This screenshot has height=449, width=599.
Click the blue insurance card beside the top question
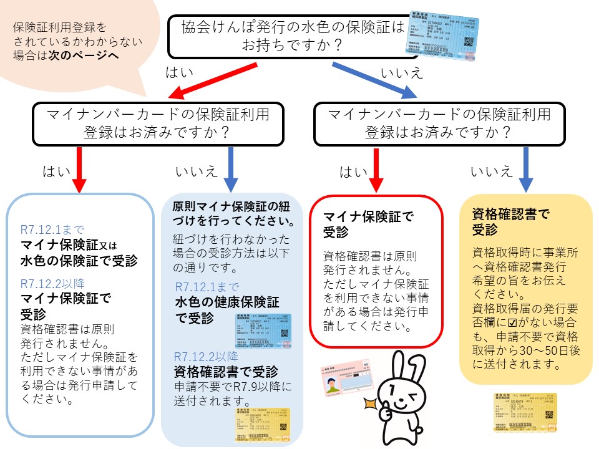439,34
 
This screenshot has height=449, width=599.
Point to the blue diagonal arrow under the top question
374,81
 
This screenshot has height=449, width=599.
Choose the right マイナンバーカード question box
440,123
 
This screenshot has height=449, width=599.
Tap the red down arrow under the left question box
80,168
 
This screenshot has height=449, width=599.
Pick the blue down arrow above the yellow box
525,168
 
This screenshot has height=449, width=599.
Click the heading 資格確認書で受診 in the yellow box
511,221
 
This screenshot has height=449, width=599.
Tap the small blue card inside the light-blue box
263,330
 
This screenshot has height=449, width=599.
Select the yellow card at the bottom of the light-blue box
262,425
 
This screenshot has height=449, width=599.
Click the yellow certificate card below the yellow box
524,412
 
